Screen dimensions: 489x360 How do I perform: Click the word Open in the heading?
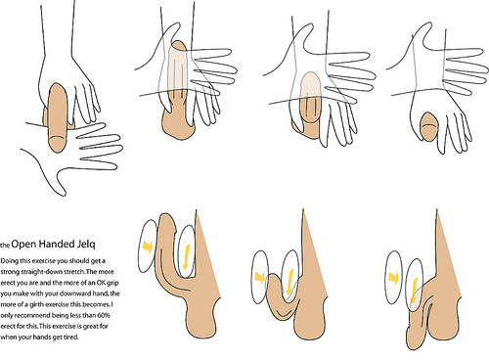(x=23, y=244)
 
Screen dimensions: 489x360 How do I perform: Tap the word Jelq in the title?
(x=86, y=245)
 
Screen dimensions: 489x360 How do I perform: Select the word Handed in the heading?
(x=57, y=244)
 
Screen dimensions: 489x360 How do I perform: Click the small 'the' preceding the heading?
(x=5, y=245)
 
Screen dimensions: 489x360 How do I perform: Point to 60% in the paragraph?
(x=104, y=315)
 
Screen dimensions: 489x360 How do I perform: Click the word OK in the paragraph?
(x=101, y=283)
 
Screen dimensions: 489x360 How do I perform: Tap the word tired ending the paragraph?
(x=70, y=337)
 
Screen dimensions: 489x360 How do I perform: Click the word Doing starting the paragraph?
(x=9, y=261)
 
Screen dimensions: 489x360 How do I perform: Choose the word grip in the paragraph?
(x=112, y=283)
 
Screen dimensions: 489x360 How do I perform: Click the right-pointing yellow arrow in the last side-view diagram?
(x=394, y=278)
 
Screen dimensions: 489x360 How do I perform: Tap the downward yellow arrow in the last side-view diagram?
(x=414, y=290)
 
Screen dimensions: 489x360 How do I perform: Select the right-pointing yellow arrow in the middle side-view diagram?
(x=260, y=278)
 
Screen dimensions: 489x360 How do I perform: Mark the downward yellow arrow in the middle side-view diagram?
(x=289, y=281)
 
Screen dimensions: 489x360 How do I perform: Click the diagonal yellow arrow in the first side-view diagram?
(x=148, y=247)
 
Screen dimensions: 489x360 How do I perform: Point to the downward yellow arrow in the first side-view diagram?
(x=187, y=257)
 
